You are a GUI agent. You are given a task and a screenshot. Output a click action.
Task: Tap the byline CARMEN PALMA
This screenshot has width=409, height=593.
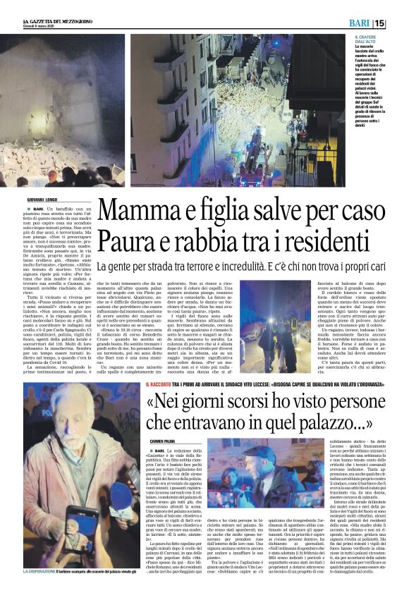(161, 440)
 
